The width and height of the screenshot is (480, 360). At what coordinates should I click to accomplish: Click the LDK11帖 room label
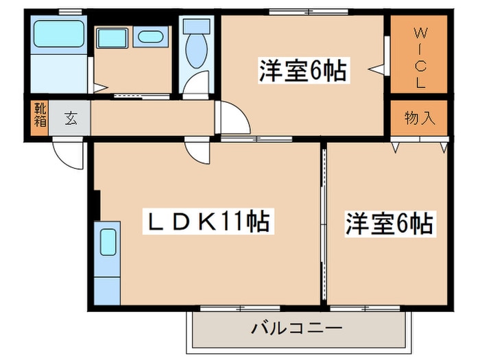point(208,221)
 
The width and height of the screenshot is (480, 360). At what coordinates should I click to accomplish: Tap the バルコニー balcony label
point(296,328)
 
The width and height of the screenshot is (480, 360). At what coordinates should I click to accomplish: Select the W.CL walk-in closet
point(419,54)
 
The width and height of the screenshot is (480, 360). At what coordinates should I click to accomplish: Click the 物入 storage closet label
point(420,117)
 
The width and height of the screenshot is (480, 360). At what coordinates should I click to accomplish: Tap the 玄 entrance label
point(71,118)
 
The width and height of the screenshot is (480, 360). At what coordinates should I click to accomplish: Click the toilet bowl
point(197,51)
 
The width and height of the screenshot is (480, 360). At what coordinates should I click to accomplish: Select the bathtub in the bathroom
point(59,34)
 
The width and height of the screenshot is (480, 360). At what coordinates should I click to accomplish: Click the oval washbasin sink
point(150,37)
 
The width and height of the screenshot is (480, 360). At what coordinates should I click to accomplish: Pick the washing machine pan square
point(112,38)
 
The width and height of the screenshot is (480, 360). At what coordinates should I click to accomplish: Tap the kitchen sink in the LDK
point(108,242)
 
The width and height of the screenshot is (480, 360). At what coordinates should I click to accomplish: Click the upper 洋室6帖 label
point(303,71)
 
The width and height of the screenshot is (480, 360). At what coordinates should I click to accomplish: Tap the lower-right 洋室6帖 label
point(389,224)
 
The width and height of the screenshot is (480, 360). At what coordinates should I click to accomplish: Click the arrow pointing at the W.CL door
point(376,69)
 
